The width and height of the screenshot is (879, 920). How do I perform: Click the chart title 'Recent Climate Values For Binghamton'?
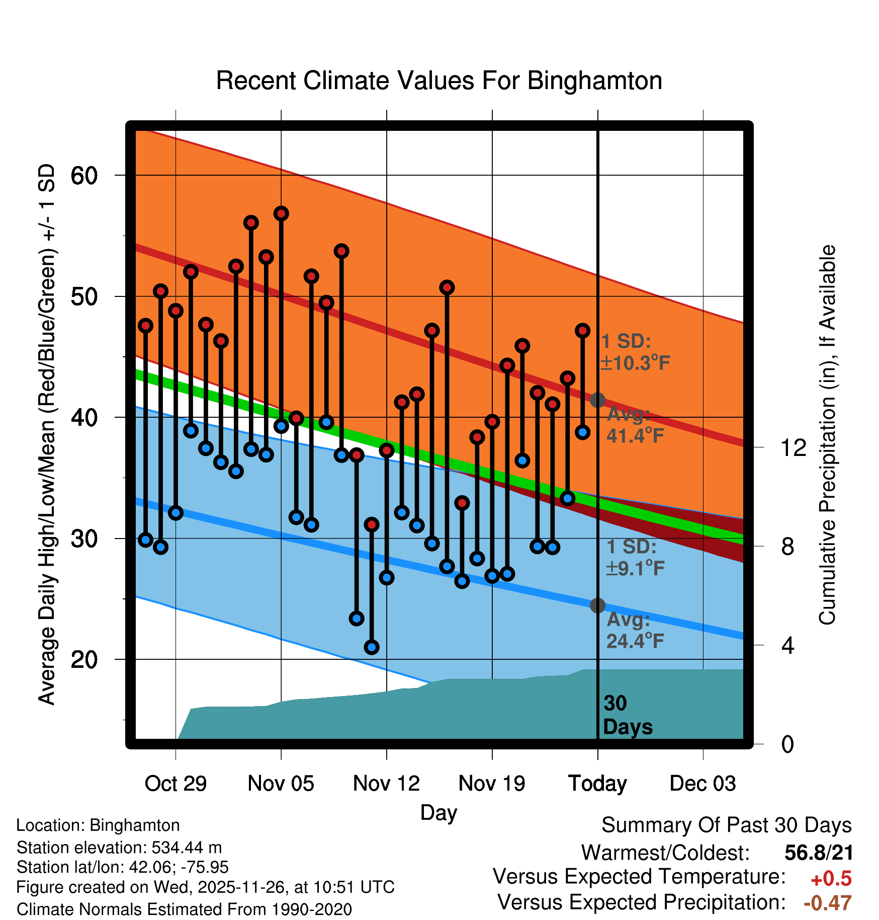point(439,81)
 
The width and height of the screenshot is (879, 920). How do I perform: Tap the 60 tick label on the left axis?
point(84,176)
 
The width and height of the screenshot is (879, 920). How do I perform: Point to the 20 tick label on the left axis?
point(84,659)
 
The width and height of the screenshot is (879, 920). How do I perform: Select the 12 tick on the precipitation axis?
point(793,447)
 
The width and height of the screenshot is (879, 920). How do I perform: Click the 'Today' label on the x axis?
point(597,784)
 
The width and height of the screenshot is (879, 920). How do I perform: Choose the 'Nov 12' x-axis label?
point(386,784)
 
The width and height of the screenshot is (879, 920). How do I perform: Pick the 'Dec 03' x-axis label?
point(702,784)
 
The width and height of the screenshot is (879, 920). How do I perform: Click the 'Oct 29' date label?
point(175,784)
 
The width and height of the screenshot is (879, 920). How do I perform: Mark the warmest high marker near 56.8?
point(281,214)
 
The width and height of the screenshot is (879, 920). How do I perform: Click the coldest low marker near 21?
point(372,647)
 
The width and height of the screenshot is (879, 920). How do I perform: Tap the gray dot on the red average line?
point(597,400)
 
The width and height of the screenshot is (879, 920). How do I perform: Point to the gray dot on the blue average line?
point(597,605)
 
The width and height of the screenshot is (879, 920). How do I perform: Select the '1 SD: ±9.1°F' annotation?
point(635,558)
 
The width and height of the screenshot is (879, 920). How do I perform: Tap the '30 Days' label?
point(627,715)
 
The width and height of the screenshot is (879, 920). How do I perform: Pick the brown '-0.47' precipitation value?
point(827,903)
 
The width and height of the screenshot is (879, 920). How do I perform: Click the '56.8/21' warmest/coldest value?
point(819,853)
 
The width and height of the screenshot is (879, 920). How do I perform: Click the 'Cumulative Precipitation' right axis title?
point(827,435)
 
